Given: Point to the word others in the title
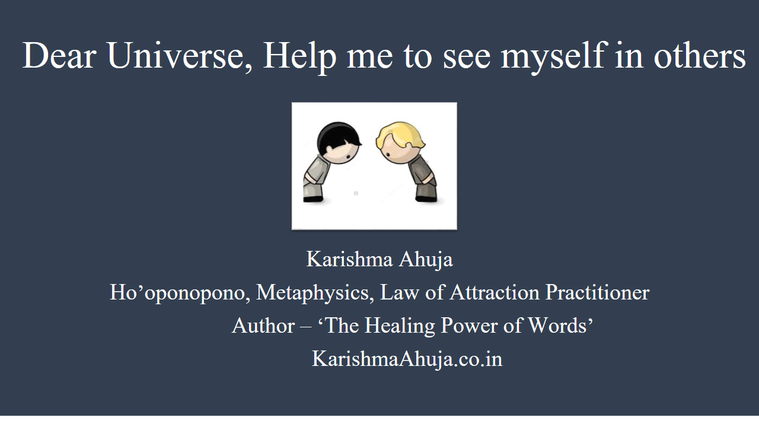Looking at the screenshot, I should click(x=700, y=56).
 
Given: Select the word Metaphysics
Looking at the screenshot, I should click(x=315, y=293).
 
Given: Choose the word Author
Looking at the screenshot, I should click(x=263, y=326).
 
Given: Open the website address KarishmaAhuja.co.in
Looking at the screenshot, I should click(x=407, y=359).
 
